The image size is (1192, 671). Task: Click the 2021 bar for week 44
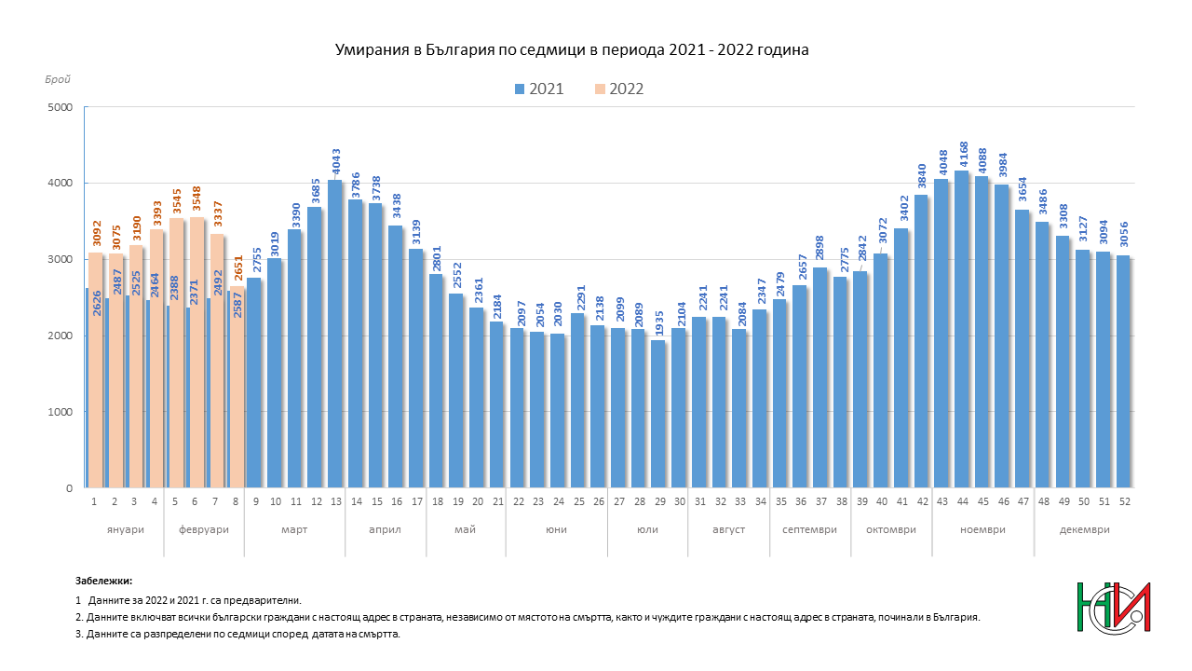(962, 329)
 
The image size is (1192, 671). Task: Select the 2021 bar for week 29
(658, 414)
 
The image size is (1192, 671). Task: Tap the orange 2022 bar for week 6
(197, 352)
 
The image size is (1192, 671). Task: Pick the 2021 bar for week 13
(335, 334)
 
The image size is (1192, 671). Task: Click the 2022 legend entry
(619, 89)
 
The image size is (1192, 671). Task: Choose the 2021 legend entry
(539, 89)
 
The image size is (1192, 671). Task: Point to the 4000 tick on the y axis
(61, 184)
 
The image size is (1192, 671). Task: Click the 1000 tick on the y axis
(61, 412)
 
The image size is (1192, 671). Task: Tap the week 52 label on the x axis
(1124, 501)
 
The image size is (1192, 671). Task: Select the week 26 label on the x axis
(599, 501)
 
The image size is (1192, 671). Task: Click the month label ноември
(982, 530)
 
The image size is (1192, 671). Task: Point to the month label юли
(647, 530)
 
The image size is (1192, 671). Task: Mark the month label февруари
(204, 530)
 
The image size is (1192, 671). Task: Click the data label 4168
(964, 155)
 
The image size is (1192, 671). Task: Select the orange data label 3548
(196, 199)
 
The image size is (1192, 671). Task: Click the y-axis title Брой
(58, 79)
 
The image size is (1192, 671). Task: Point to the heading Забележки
(103, 581)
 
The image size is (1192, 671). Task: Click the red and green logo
(1114, 608)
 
